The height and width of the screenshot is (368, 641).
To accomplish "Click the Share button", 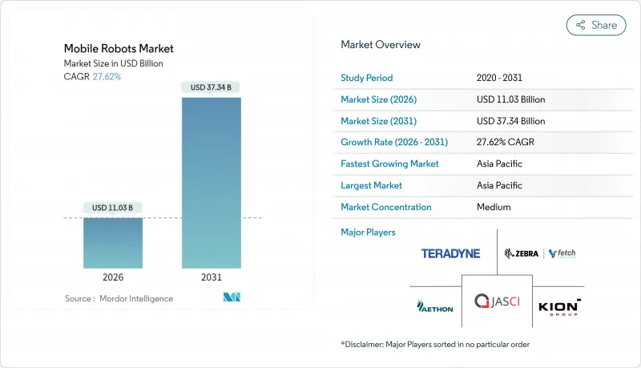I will pos(596,25).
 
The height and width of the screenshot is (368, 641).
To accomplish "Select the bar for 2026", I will pos(114,243).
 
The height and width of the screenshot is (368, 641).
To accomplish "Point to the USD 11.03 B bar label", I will pos(114,208).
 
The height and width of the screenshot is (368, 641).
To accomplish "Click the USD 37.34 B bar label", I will pos(212,87).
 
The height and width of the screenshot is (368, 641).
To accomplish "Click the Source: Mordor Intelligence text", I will pos(119,298).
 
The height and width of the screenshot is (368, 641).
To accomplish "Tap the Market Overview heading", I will pos(381,45).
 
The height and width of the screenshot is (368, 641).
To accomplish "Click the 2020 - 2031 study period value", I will pos(499,78).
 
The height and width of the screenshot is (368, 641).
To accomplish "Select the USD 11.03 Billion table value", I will pos(510,99).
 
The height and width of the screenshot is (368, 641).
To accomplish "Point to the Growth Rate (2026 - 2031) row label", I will pos(394,142).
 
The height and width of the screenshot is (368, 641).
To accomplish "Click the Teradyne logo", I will pos(450,253).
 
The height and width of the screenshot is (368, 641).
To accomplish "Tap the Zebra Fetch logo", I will pos(539,253).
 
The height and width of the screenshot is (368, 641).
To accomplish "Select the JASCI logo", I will pos(496,301).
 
